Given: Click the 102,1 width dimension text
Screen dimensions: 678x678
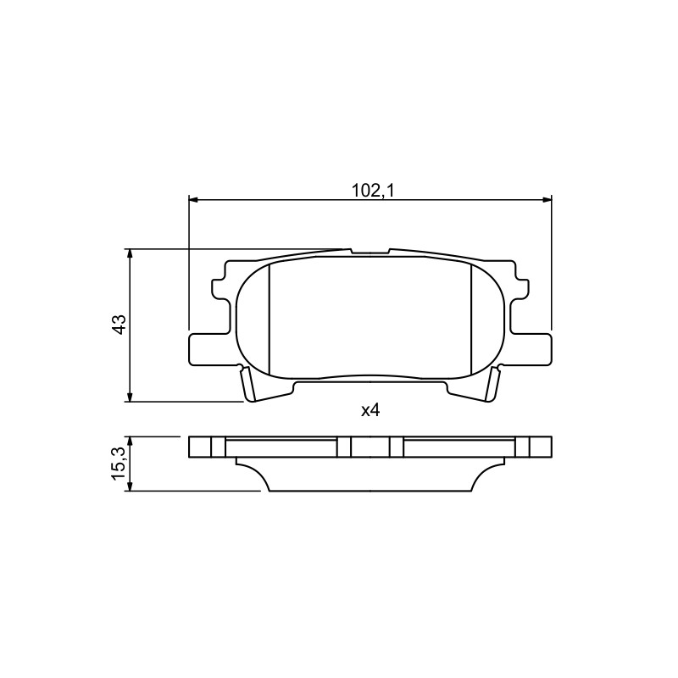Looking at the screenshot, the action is point(372,190).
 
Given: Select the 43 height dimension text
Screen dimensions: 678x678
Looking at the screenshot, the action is point(119,325).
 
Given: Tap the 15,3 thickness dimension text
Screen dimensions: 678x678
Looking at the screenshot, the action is point(119,464).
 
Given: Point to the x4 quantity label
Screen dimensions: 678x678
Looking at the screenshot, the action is point(370,410).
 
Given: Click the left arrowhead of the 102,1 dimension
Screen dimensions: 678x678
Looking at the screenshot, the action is point(193,199).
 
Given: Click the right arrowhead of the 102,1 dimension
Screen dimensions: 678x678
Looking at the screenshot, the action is point(547,199).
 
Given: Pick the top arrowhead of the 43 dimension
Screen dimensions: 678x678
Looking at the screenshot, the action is point(130,253).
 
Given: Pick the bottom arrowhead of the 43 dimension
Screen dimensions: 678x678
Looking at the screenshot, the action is point(130,397).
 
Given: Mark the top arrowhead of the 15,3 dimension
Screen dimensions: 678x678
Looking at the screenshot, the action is point(130,441).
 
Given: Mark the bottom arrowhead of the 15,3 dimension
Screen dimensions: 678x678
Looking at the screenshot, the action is point(130,486).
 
